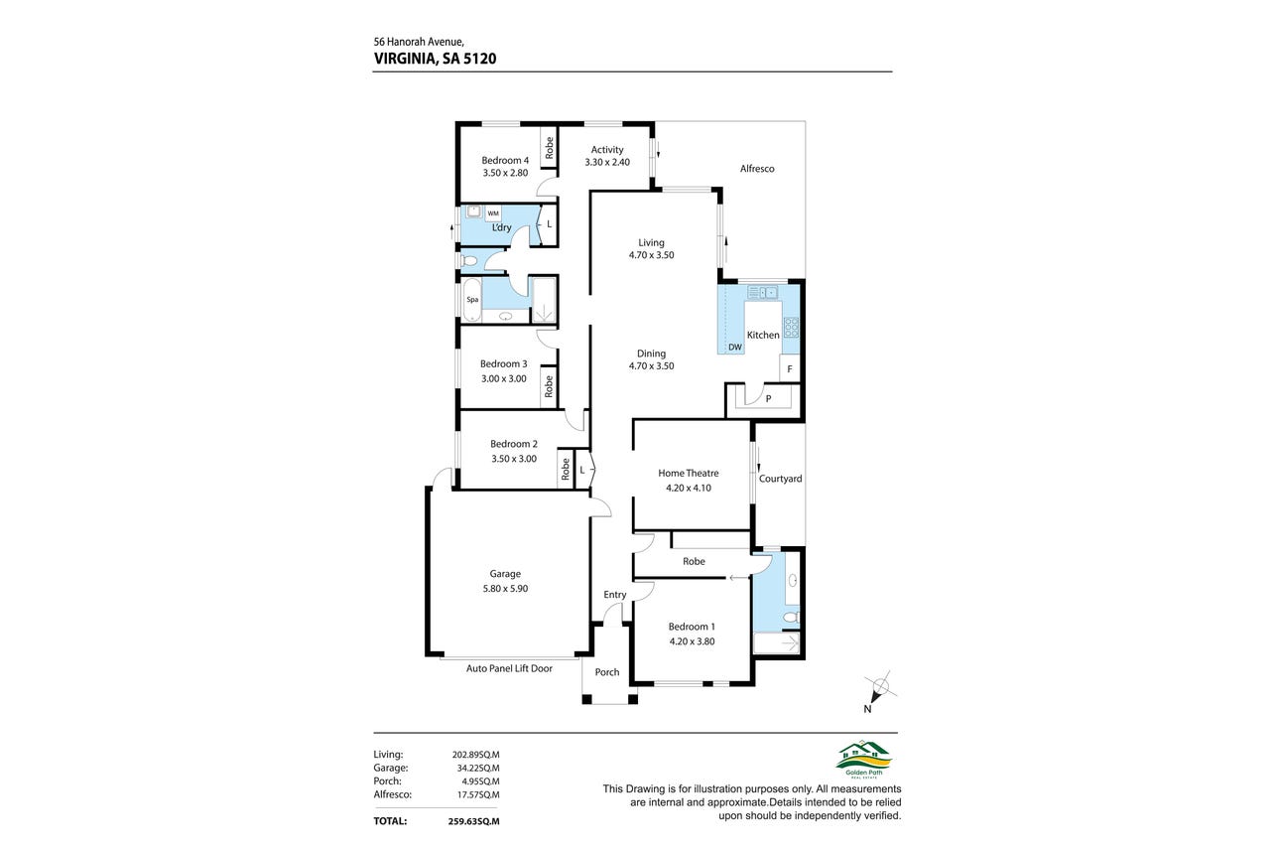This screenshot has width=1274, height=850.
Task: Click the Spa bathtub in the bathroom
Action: pyautogui.click(x=471, y=300)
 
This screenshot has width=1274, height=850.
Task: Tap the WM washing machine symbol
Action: pyautogui.click(x=493, y=213)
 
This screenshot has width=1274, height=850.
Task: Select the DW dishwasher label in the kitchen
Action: pyautogui.click(x=735, y=347)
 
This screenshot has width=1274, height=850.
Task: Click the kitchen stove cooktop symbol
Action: pyautogui.click(x=791, y=328)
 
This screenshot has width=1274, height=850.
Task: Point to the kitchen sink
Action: pyautogui.click(x=763, y=293)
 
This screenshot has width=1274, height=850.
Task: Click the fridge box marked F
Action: pyautogui.click(x=790, y=368)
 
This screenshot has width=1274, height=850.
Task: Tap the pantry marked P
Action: pyautogui.click(x=768, y=398)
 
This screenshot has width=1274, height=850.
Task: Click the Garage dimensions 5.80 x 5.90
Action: pyautogui.click(x=505, y=589)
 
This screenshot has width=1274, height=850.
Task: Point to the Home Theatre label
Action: pyautogui.click(x=689, y=473)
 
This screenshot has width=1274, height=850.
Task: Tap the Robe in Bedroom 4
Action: pyautogui.click(x=549, y=147)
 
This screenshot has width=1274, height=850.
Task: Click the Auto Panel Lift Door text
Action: pyautogui.click(x=509, y=668)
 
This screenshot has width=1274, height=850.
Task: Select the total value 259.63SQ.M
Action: pyautogui.click(x=473, y=821)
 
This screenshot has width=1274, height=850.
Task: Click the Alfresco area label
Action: pyautogui.click(x=757, y=169)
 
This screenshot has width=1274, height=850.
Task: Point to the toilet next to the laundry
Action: pyautogui.click(x=468, y=261)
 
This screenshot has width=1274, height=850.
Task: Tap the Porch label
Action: pyautogui.click(x=607, y=672)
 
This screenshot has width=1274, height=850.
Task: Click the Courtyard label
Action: pyautogui.click(x=780, y=479)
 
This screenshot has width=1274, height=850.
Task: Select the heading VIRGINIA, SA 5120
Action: pyautogui.click(x=436, y=59)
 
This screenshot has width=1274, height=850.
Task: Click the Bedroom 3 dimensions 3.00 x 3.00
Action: pyautogui.click(x=504, y=378)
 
